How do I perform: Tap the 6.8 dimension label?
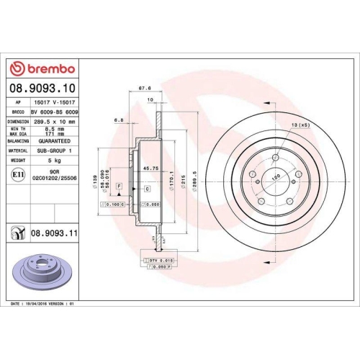tap(118, 120)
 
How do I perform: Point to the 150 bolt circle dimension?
tap(274, 175)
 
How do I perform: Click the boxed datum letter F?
tap(118, 186)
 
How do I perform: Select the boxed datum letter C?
tap(147, 188)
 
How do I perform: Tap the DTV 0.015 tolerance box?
tap(163, 258)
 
